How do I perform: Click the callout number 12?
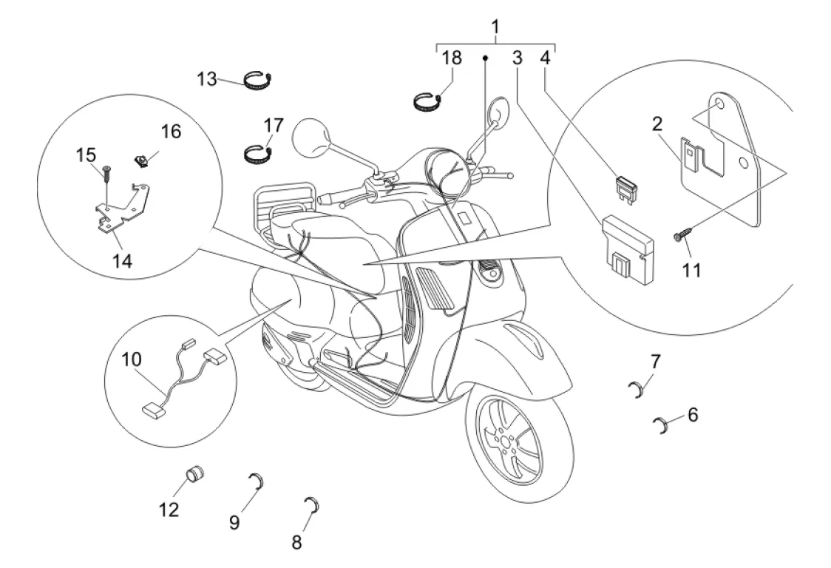pyautogui.click(x=169, y=510)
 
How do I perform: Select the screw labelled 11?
pyautogui.click(x=681, y=234)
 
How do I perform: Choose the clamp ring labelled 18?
pyautogui.click(x=427, y=102)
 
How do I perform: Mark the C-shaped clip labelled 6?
pyautogui.click(x=662, y=425)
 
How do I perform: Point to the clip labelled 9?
pyautogui.click(x=258, y=481)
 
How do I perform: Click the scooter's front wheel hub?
pyautogui.click(x=505, y=441)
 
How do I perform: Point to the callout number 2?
pyautogui.click(x=657, y=124)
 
